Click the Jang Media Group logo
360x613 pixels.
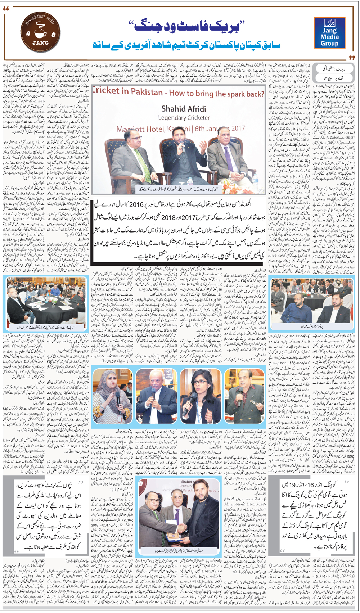329,33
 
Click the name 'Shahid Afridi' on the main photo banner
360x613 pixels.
183,108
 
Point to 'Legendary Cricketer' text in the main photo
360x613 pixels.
184,118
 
